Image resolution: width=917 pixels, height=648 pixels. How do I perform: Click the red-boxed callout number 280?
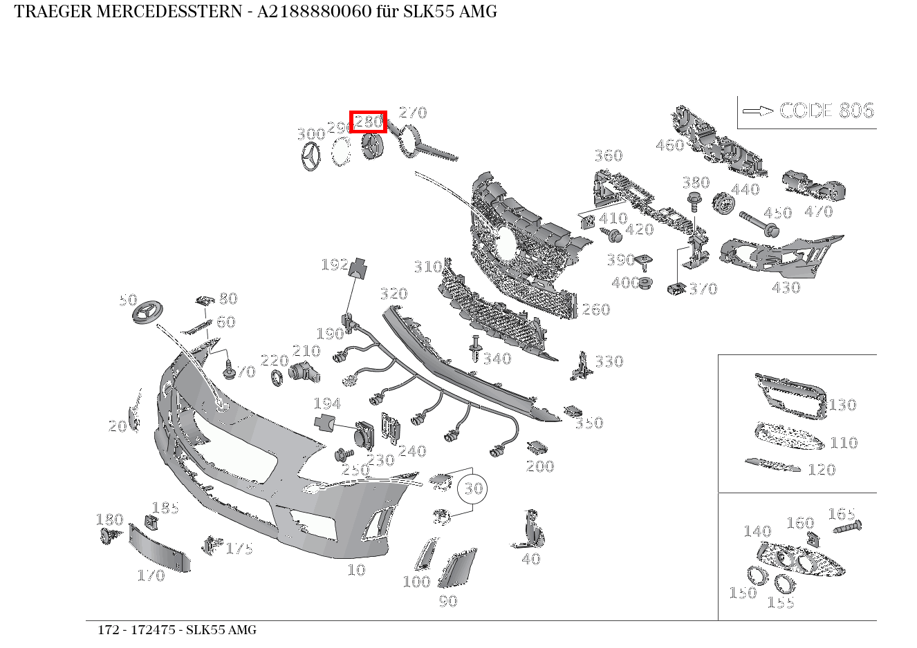click(x=368, y=122)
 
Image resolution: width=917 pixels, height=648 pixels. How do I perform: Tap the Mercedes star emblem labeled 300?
click(x=312, y=157)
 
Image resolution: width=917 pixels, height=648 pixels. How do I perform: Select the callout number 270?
click(x=413, y=112)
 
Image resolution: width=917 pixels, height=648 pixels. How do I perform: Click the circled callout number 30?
click(x=473, y=488)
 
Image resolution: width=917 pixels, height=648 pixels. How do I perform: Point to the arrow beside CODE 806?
click(x=757, y=111)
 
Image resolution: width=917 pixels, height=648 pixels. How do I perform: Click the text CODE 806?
click(x=826, y=111)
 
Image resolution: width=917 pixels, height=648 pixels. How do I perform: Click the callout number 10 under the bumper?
click(x=356, y=570)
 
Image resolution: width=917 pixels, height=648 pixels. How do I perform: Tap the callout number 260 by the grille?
click(x=595, y=309)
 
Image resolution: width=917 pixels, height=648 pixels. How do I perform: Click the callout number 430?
click(x=786, y=287)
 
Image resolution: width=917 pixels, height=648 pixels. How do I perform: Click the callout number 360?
click(x=608, y=155)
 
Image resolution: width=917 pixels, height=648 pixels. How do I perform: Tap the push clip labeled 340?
click(x=475, y=349)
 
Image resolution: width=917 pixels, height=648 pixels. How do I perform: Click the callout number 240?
click(x=412, y=451)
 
